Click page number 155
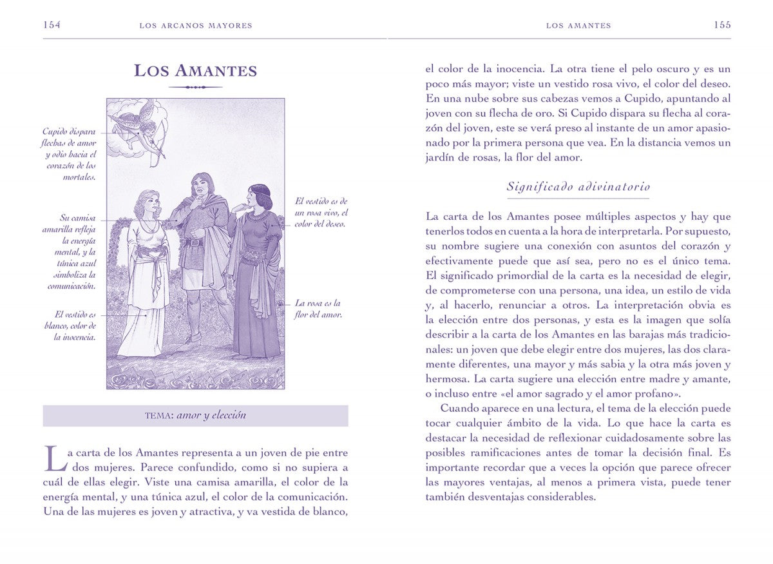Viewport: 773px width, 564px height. pyautogui.click(x=721, y=25)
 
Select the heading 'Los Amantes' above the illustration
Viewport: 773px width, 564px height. pyautogui.click(x=195, y=70)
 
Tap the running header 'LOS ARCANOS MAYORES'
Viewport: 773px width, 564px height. pyautogui.click(x=196, y=26)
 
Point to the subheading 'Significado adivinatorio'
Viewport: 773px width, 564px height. pyautogui.click(x=578, y=187)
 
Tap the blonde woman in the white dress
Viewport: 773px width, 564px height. pyautogui.click(x=149, y=271)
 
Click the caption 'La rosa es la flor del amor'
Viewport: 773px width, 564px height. pyautogui.click(x=318, y=309)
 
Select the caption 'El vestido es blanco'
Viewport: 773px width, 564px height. pyautogui.click(x=75, y=326)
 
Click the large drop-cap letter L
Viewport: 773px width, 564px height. pyautogui.click(x=54, y=457)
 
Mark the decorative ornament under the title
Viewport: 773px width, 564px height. pyautogui.click(x=195, y=87)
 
